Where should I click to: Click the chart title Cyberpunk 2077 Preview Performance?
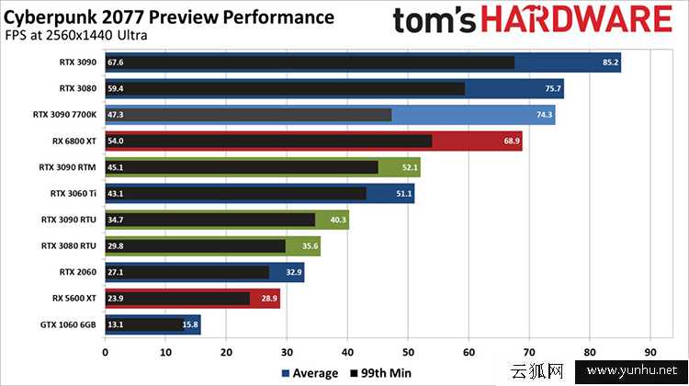pyautogui.click(x=171, y=17)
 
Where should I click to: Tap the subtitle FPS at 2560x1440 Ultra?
pyautogui.click(x=78, y=37)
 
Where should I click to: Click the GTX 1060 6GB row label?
pyautogui.click(x=70, y=324)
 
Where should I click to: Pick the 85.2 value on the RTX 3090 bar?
pyautogui.click(x=610, y=62)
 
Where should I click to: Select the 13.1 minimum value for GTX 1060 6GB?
pyautogui.click(x=116, y=324)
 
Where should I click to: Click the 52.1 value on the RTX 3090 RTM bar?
pyautogui.click(x=410, y=167)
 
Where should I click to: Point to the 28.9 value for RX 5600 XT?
pyautogui.click(x=269, y=299)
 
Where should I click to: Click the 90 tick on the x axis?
pyautogui.click(x=650, y=351)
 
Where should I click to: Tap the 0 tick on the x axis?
pyautogui.click(x=106, y=351)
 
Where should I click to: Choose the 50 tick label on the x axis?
pyautogui.click(x=408, y=351)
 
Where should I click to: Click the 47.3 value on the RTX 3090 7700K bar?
pyautogui.click(x=116, y=115)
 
